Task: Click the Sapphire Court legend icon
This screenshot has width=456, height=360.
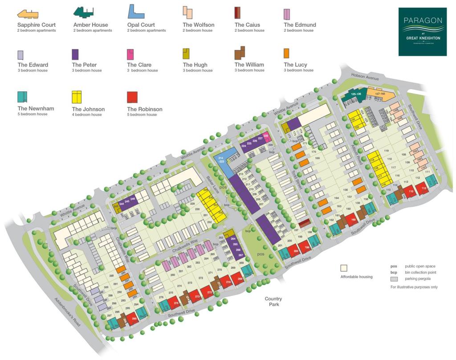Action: [27, 14]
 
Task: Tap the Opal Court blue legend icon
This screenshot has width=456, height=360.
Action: [135, 12]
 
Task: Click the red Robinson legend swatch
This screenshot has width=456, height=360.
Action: [132, 97]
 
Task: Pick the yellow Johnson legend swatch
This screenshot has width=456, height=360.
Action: [77, 97]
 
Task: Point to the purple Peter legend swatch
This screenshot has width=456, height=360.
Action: [75, 54]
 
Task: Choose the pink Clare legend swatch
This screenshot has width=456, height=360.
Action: [130, 54]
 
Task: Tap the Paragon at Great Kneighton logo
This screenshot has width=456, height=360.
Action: [422, 32]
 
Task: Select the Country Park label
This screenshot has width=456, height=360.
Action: [273, 302]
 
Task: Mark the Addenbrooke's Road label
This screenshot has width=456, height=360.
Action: [67, 312]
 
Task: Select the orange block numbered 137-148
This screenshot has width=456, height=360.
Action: [379, 94]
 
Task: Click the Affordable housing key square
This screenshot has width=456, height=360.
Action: [344, 268]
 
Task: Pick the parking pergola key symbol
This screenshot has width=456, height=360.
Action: [394, 279]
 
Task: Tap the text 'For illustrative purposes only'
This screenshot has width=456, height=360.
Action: [414, 287]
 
